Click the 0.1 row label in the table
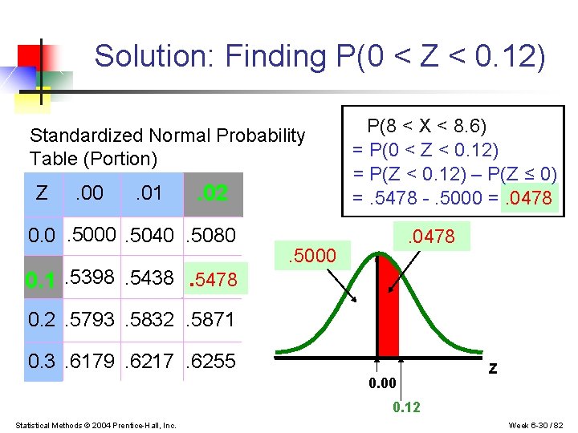[42, 280]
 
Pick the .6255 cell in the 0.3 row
[210, 361]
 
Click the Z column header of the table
[42, 192]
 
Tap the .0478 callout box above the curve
[431, 236]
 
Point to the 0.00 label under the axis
[382, 384]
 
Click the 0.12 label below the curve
[405, 407]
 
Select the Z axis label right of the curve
[493, 368]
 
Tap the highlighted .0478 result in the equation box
[530, 197]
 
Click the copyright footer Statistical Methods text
[96, 424]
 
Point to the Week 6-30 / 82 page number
[537, 424]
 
